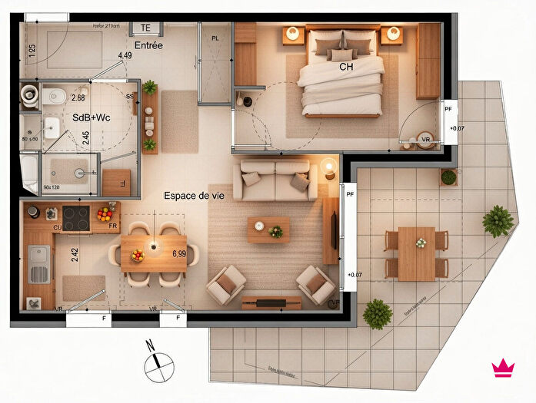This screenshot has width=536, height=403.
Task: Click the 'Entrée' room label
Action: (x=148, y=46)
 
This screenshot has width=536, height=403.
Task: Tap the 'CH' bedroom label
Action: (x=346, y=67)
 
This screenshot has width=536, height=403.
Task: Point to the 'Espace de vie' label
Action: (x=194, y=196)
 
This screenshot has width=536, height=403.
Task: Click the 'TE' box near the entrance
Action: (x=145, y=28)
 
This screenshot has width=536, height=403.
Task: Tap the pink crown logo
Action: (x=504, y=368)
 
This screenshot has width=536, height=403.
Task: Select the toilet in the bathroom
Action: (x=31, y=96)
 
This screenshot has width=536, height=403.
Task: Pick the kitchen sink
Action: (x=38, y=264)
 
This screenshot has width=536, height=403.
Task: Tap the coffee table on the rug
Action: (x=268, y=229)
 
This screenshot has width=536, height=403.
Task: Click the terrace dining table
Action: (x=417, y=253)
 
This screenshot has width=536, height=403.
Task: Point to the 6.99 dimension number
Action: (x=179, y=253)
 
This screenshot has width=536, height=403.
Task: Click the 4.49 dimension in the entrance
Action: (x=125, y=55)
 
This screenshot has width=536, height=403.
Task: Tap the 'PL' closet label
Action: (x=215, y=37)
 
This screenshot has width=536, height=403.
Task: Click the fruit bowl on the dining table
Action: (x=138, y=255)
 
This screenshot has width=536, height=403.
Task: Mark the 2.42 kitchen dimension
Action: (x=75, y=255)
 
